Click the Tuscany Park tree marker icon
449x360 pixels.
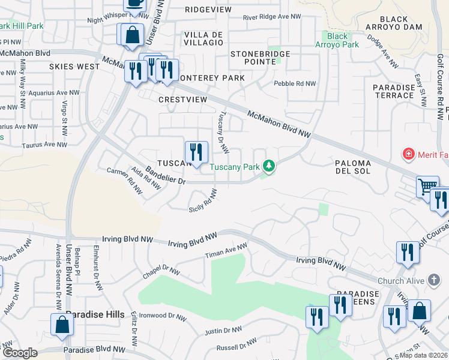point(270,166)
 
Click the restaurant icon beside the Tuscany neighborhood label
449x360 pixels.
point(196,152)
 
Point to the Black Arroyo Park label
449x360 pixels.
point(337,40)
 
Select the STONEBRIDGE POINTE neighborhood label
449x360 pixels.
point(261,58)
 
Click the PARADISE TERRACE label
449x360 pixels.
point(394,91)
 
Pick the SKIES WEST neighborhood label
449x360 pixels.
point(74,67)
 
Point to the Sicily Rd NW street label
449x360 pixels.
point(202,200)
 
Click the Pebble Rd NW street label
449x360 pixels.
point(295,84)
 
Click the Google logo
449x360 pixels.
point(20,353)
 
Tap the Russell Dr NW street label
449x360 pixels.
point(237,345)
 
